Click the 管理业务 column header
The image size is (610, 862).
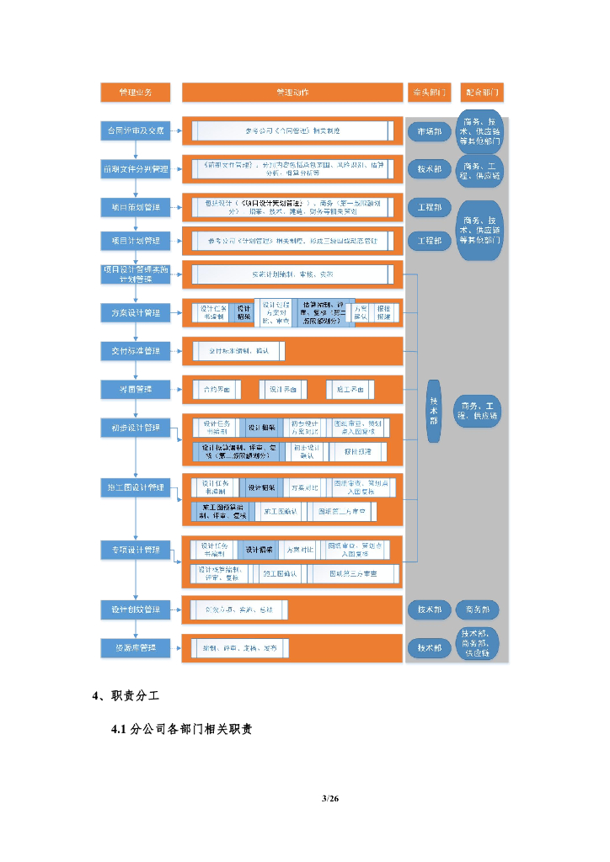(x=135, y=91)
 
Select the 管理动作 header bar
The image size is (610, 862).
(x=292, y=91)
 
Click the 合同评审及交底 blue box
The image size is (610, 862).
(x=135, y=131)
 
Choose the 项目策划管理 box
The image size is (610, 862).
(x=135, y=206)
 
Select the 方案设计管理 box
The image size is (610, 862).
(x=135, y=313)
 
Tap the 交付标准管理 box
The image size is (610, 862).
(x=135, y=350)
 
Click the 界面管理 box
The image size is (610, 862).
(x=135, y=389)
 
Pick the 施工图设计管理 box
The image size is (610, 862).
(x=135, y=487)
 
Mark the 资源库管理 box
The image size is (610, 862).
(x=135, y=646)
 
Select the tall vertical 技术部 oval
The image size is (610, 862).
(x=434, y=410)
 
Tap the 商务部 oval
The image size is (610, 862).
(x=478, y=609)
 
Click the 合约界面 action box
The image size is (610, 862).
(x=211, y=389)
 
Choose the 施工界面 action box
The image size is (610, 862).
(x=350, y=389)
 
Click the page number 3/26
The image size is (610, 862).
(x=329, y=798)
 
